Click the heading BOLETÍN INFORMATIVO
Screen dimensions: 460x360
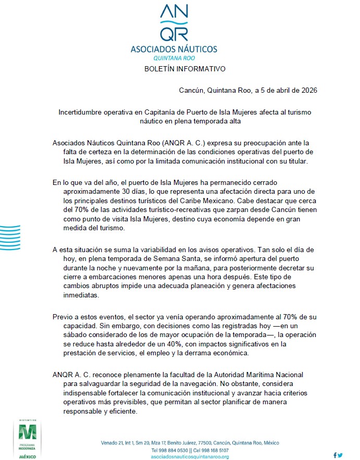184,69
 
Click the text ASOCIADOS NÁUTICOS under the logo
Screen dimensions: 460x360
174,49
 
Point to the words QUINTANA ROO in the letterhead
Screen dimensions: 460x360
174,58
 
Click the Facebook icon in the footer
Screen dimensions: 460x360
334,455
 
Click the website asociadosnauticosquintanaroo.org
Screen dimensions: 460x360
190,456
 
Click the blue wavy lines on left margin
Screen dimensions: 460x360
10,239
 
